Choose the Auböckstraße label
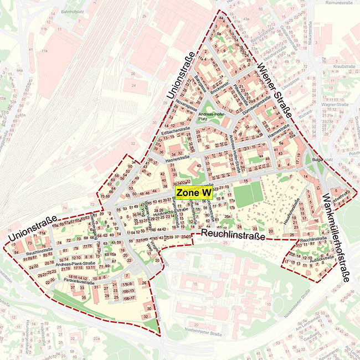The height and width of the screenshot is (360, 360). point(308,258)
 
